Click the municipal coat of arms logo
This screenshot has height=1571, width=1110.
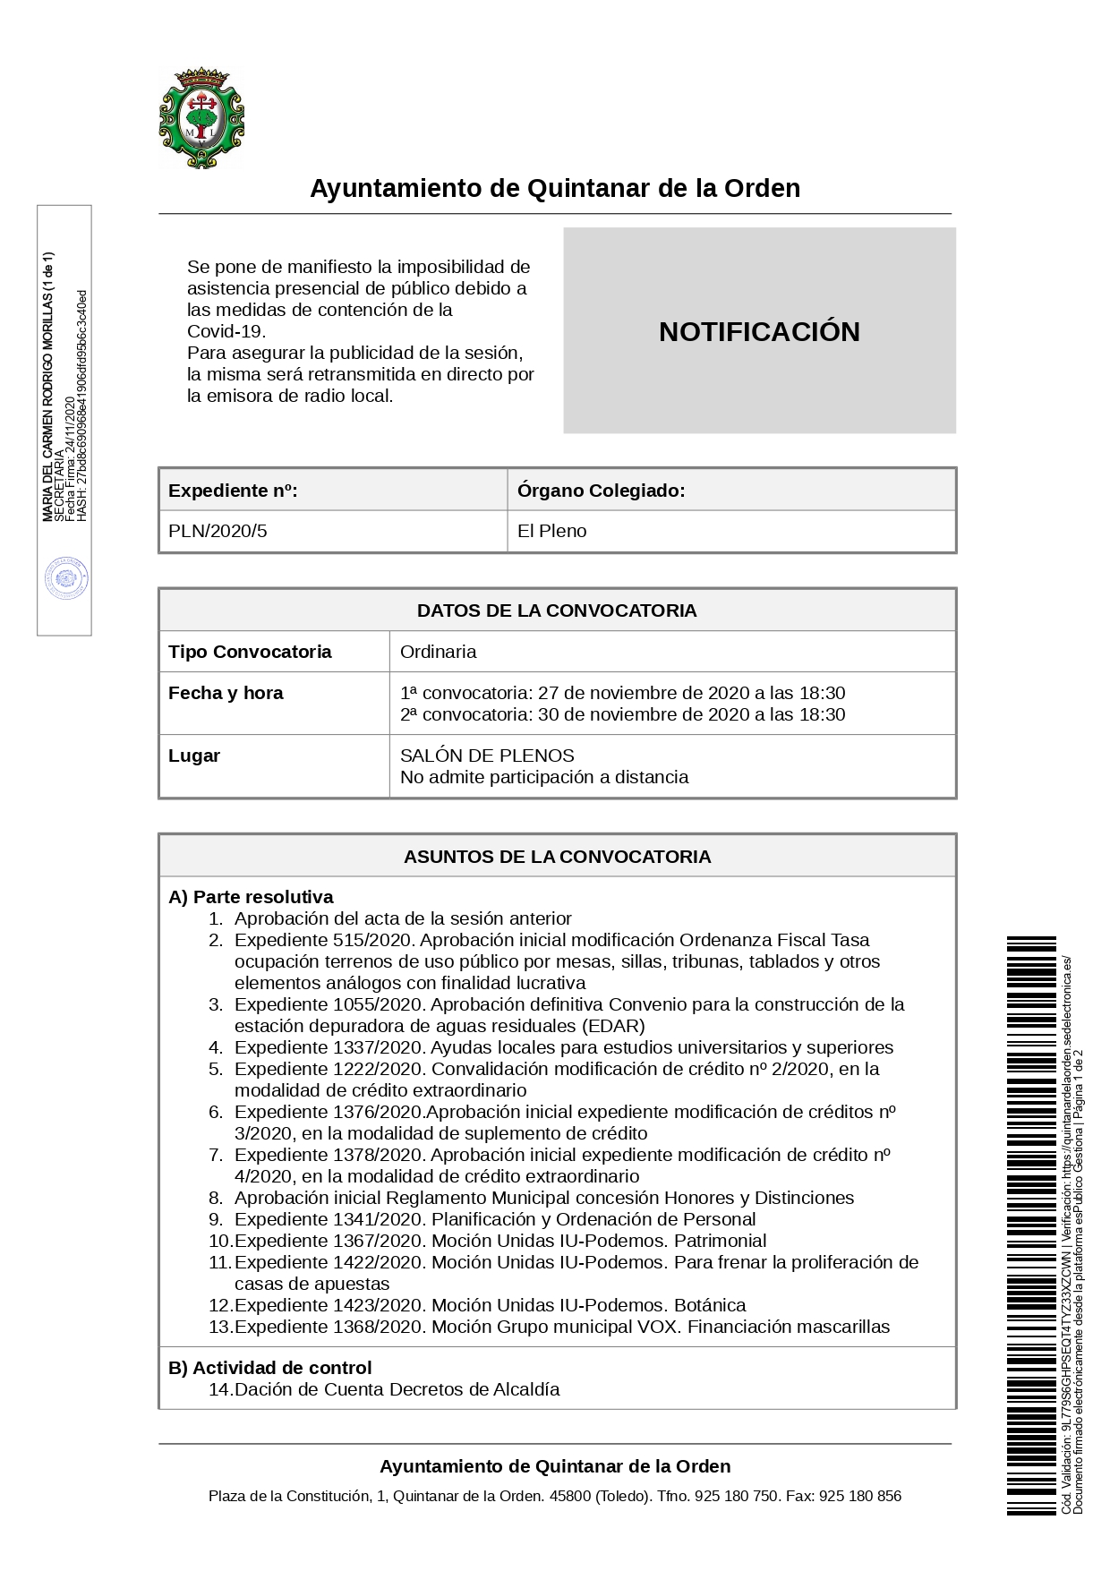click(x=201, y=119)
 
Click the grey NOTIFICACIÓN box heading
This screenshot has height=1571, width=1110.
click(x=759, y=331)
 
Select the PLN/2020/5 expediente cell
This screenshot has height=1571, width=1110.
click(x=218, y=531)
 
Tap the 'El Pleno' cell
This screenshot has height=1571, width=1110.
click(x=551, y=531)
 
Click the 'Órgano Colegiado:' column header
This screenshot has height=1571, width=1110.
click(x=601, y=491)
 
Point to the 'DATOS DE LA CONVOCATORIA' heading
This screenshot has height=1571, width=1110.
click(x=557, y=610)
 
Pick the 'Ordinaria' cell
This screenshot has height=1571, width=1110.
click(x=438, y=652)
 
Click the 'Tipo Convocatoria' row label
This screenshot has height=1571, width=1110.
click(x=250, y=652)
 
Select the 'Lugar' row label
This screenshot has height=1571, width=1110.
click(x=194, y=756)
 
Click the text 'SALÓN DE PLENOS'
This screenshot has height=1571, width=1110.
click(x=487, y=756)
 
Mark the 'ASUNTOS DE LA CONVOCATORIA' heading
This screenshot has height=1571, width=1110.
click(x=557, y=857)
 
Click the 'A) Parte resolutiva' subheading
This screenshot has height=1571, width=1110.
click(x=251, y=897)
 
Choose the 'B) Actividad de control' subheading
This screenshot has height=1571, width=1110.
click(x=269, y=1368)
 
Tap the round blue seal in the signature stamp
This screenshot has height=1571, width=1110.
click(x=67, y=579)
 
